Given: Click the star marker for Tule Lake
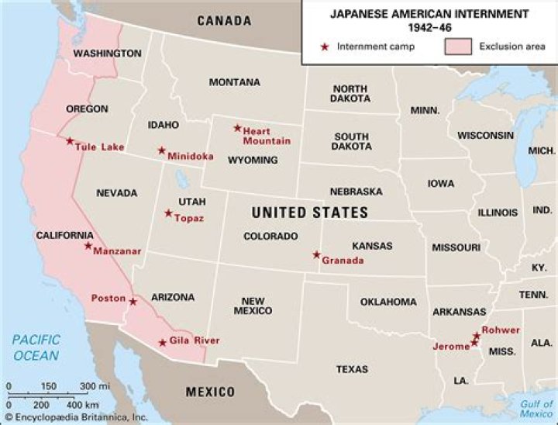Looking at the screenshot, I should click(x=70, y=141).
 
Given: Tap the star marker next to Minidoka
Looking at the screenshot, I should click(x=162, y=150).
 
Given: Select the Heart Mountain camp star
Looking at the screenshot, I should click(x=238, y=128).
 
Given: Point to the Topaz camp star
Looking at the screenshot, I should click(x=168, y=213).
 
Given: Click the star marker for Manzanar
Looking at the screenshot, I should click(x=88, y=246).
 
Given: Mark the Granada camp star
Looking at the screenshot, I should click(x=316, y=254).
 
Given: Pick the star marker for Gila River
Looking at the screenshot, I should click(x=162, y=343).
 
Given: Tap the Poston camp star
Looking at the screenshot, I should click(x=133, y=302).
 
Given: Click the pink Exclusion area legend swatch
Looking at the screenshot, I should click(x=457, y=47).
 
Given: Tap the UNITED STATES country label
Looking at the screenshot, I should click(x=309, y=212).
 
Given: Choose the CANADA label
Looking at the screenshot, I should click(x=224, y=21).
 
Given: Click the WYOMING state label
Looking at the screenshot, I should click(x=252, y=161).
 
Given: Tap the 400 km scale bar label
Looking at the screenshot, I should click(x=82, y=405).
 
